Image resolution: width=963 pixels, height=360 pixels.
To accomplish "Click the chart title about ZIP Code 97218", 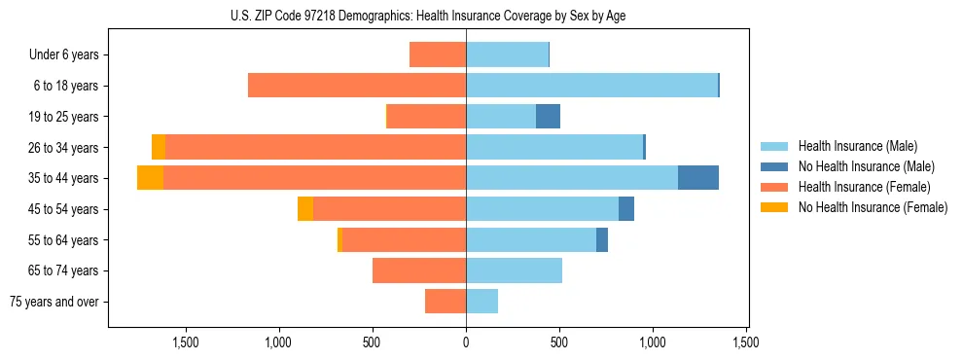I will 428,16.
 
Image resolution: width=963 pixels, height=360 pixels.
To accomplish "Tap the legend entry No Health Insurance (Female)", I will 872,207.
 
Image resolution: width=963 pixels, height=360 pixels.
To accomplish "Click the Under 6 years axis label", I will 64,54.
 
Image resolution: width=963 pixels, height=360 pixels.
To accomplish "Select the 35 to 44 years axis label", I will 64,178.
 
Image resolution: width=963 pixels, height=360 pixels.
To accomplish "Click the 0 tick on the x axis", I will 466,342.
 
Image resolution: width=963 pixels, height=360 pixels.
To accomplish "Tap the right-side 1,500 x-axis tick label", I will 746,342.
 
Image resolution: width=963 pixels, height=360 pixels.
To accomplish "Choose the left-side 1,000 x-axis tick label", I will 279,342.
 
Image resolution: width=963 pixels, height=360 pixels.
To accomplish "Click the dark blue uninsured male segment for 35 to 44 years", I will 697,178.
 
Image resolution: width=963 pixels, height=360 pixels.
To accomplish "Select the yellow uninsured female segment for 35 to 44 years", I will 150,178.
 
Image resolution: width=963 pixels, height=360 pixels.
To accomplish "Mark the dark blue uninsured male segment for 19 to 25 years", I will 548,116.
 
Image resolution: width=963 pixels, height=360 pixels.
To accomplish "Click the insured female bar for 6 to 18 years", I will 357,86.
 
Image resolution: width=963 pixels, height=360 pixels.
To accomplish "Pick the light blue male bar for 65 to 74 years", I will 514,270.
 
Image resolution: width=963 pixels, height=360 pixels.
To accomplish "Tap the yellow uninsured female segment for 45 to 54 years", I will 305,209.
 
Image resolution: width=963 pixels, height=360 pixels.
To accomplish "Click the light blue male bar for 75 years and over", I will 481,302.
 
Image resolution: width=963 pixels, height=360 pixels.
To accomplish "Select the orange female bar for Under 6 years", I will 438,54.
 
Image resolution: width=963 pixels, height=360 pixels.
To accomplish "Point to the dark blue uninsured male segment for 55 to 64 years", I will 602,239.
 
